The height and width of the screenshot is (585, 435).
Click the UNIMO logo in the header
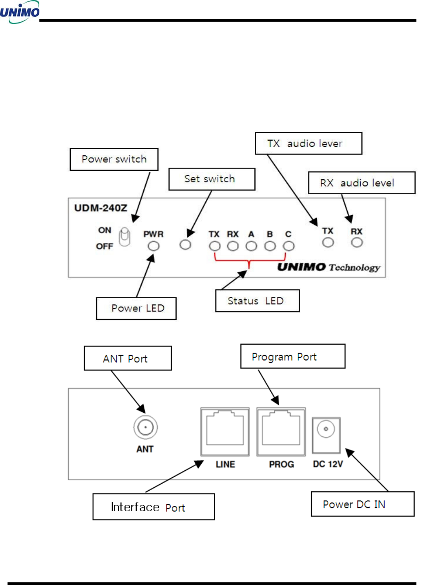click(x=20, y=12)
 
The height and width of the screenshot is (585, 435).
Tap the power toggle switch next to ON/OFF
click(x=125, y=237)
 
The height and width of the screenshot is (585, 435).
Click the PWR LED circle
click(x=154, y=246)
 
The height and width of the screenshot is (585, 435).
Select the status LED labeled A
click(x=251, y=246)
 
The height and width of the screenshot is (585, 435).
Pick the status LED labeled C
click(x=289, y=246)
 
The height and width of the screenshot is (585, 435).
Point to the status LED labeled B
click(x=270, y=246)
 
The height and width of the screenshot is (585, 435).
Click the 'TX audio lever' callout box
click(x=308, y=143)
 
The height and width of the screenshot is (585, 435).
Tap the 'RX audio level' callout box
click(x=362, y=183)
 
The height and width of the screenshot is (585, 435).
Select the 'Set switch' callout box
click(x=212, y=179)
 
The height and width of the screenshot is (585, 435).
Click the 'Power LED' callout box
click(x=136, y=308)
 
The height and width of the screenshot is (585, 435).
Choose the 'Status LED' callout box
click(x=257, y=301)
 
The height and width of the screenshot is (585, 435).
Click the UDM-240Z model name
click(x=100, y=208)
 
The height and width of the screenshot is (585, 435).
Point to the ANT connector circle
click(x=145, y=427)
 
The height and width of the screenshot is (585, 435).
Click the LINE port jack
click(x=225, y=431)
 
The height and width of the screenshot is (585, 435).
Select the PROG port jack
click(x=281, y=431)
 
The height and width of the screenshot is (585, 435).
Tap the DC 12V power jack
click(x=326, y=435)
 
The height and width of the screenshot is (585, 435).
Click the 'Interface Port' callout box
click(x=154, y=507)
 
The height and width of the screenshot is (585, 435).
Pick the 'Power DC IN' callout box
click(x=362, y=504)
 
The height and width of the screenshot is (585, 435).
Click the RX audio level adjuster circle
click(x=357, y=242)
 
